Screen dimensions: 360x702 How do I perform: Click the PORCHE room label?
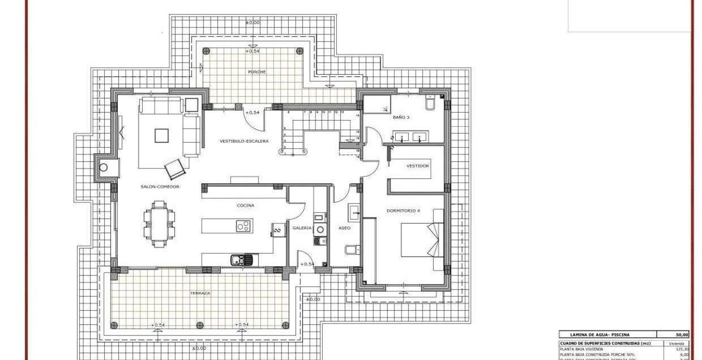pos(257,72)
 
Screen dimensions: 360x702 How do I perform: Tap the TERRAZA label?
pos(200,293)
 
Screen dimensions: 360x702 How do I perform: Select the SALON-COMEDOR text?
pos(160,186)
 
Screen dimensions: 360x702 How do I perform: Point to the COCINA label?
pos(246,205)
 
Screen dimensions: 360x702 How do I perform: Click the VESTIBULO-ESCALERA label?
pos(244,141)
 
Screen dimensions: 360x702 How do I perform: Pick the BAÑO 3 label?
pos(401,117)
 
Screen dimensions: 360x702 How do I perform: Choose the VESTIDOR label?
pos(417,166)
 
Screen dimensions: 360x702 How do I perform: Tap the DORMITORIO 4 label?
pos(403,211)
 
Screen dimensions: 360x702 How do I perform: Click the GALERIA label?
pos(302,228)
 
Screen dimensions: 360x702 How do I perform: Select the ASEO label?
pos(344,228)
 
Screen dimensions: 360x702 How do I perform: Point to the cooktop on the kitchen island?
pos(243,225)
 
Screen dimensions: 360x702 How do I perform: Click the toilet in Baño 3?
pos(430,103)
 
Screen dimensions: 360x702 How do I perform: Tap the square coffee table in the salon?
pos(162,136)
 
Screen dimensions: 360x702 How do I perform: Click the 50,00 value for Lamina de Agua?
pos(682,335)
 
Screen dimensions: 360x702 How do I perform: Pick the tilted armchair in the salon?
pos(175,168)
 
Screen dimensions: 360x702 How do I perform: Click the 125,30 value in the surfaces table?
pos(681,349)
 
